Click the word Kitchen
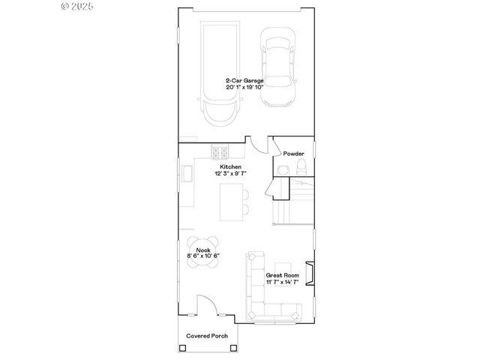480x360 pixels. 229,166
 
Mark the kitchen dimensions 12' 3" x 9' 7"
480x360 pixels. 229,173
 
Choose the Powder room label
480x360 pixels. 293,154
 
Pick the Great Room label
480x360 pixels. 282,275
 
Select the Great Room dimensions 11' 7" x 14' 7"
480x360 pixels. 282,282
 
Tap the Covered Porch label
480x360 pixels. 208,335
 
